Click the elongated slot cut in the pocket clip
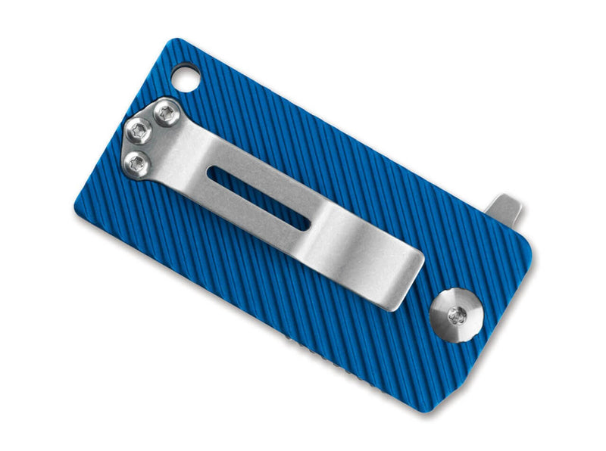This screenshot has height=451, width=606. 257,197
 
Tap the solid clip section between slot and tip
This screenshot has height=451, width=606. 356,250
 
